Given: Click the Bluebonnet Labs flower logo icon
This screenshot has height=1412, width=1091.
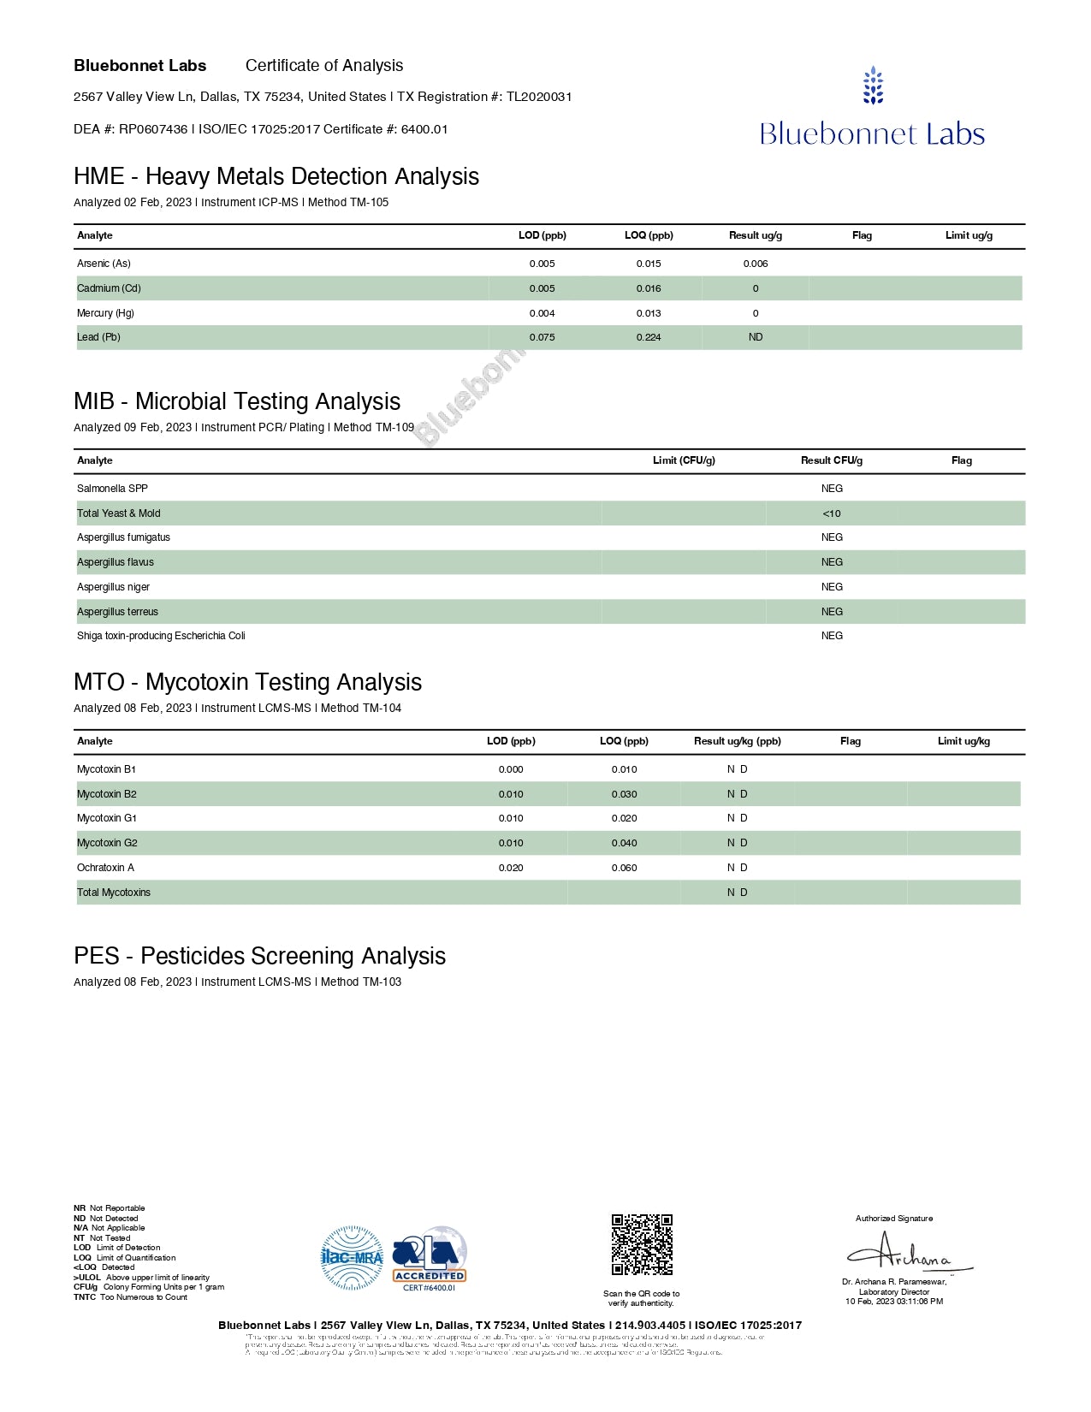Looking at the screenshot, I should (x=873, y=86).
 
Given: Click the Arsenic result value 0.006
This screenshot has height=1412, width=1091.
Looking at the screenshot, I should (x=756, y=264).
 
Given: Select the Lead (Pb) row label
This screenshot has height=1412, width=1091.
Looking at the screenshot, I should (x=98, y=337).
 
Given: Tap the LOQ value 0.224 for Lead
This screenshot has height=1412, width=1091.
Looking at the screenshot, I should (x=649, y=337).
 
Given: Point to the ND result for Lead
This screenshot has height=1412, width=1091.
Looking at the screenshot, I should (x=756, y=337).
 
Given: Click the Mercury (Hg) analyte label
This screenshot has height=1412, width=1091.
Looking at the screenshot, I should (x=105, y=313).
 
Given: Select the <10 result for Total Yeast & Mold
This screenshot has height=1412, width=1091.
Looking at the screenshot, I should (x=832, y=513).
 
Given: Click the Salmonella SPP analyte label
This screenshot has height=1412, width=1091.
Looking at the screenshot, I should (x=112, y=489).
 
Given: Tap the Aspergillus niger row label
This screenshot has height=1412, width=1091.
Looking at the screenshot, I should (x=113, y=587).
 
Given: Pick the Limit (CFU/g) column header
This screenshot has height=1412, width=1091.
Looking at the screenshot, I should (x=684, y=460).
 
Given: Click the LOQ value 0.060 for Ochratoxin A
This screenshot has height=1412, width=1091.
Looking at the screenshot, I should (x=624, y=868).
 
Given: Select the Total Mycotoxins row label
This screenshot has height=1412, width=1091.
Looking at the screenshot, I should (x=114, y=893).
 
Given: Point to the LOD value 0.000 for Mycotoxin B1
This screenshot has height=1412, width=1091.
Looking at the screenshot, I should (x=511, y=769).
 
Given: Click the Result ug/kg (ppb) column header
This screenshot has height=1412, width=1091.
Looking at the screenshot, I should (x=737, y=741).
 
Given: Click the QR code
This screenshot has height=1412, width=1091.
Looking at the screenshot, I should (x=642, y=1244).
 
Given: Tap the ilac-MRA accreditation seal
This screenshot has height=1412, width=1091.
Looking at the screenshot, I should (x=352, y=1257).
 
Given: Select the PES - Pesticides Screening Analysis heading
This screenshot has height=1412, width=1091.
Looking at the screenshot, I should (x=259, y=956).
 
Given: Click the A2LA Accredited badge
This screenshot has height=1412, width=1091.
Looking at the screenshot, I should (x=430, y=1257).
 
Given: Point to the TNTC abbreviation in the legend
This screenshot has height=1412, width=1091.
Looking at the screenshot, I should (x=85, y=1297).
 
